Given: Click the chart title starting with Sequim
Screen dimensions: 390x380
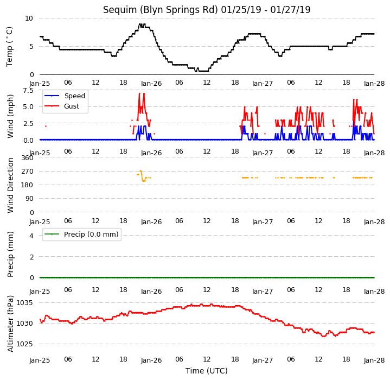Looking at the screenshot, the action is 207,10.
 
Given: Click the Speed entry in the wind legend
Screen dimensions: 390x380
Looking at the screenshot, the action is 65,96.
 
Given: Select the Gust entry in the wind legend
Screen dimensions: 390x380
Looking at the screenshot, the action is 62,106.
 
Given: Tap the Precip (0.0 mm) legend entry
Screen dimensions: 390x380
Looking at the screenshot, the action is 81,234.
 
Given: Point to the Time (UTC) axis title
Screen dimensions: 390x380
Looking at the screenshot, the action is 207,371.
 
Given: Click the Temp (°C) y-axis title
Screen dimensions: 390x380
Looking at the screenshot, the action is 9,47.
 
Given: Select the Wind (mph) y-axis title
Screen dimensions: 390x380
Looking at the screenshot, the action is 10,116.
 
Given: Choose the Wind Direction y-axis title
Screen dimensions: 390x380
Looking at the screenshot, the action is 10,186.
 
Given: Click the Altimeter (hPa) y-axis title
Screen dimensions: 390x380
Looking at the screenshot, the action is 10,324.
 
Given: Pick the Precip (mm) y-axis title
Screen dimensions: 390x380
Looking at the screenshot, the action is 10,255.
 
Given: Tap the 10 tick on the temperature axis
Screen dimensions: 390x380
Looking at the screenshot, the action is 29,18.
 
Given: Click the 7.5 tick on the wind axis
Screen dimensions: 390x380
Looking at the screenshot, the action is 28,90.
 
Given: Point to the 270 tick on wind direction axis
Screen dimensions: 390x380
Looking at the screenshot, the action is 28,171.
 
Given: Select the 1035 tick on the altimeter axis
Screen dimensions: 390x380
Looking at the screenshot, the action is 24,303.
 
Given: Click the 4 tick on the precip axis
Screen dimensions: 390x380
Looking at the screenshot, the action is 31,236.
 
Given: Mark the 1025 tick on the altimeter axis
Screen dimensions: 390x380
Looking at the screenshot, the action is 24,344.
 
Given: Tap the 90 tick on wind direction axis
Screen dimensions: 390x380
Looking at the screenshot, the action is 30,199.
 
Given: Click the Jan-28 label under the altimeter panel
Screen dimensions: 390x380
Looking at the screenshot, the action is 374,360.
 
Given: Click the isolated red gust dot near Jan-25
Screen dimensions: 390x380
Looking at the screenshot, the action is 46,126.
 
